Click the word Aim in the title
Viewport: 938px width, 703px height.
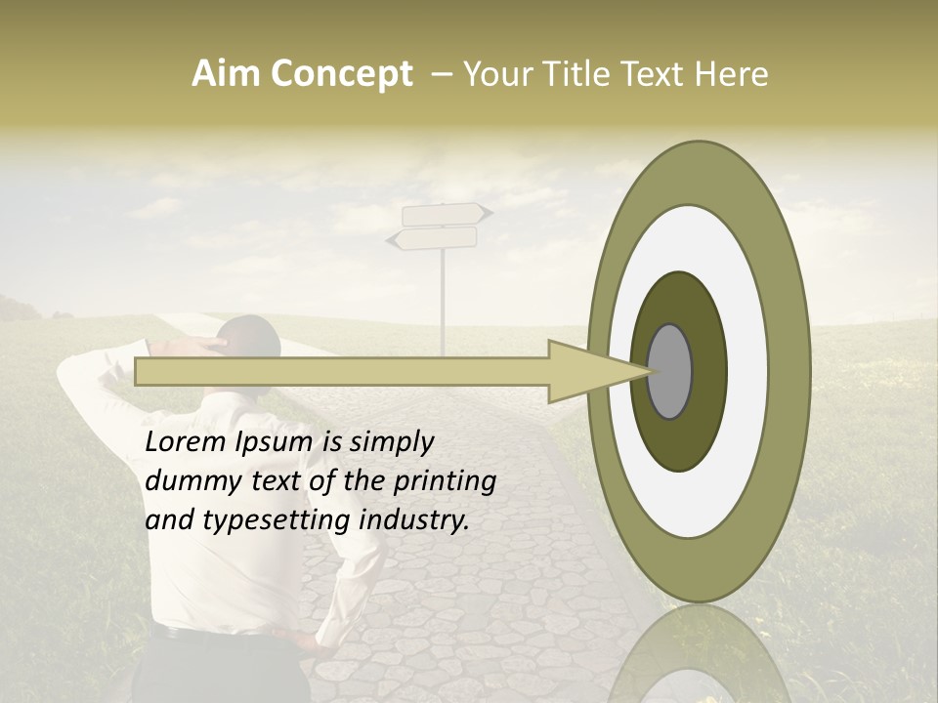tap(227, 74)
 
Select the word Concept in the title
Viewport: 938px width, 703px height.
tap(341, 75)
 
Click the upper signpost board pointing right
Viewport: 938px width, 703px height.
tap(445, 214)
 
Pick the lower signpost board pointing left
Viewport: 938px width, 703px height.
tap(436, 238)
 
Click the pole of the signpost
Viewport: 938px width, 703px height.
tap(444, 303)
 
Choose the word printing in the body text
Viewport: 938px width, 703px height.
tap(445, 482)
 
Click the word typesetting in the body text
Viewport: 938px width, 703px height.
tap(277, 521)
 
